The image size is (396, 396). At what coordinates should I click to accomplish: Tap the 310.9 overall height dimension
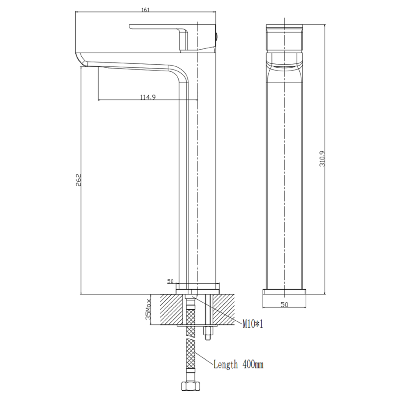pyautogui.click(x=322, y=158)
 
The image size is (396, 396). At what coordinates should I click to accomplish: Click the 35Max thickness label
pyautogui.click(x=148, y=310)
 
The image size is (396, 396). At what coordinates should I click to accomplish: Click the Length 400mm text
pyautogui.click(x=238, y=365)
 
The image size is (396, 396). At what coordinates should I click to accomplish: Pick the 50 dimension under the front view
pyautogui.click(x=284, y=304)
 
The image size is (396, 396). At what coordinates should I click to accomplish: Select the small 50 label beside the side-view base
pyautogui.click(x=170, y=281)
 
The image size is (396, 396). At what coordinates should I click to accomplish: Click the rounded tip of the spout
pyautogui.click(x=82, y=60)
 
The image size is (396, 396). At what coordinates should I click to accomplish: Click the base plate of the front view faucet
pyautogui.click(x=284, y=292)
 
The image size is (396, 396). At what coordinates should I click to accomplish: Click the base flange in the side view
pyautogui.click(x=198, y=289)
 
